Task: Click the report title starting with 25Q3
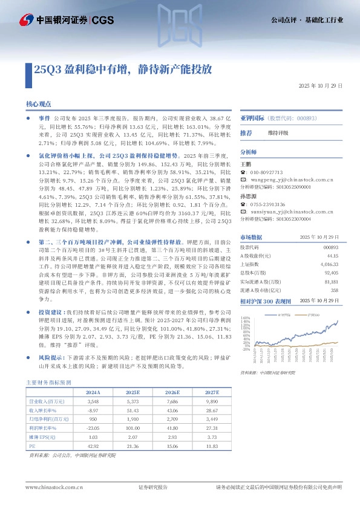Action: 122,68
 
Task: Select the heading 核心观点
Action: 38,104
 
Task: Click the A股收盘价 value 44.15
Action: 332,256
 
